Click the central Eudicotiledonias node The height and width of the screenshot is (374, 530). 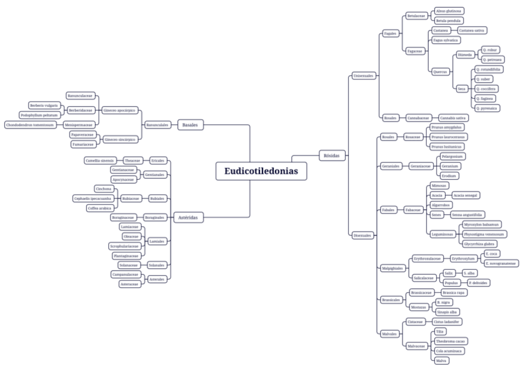tap(261, 172)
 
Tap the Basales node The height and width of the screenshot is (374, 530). tap(190, 124)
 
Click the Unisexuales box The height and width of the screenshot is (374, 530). tap(362, 76)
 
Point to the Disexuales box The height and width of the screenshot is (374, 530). tap(362, 235)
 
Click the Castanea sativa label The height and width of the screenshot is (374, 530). tap(472, 30)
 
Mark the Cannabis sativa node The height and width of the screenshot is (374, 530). tap(454, 117)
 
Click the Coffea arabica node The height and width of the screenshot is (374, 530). tap(100, 208)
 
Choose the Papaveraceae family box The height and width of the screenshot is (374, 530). tap(82, 134)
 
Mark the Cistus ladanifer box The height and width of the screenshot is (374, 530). tap(447, 322)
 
